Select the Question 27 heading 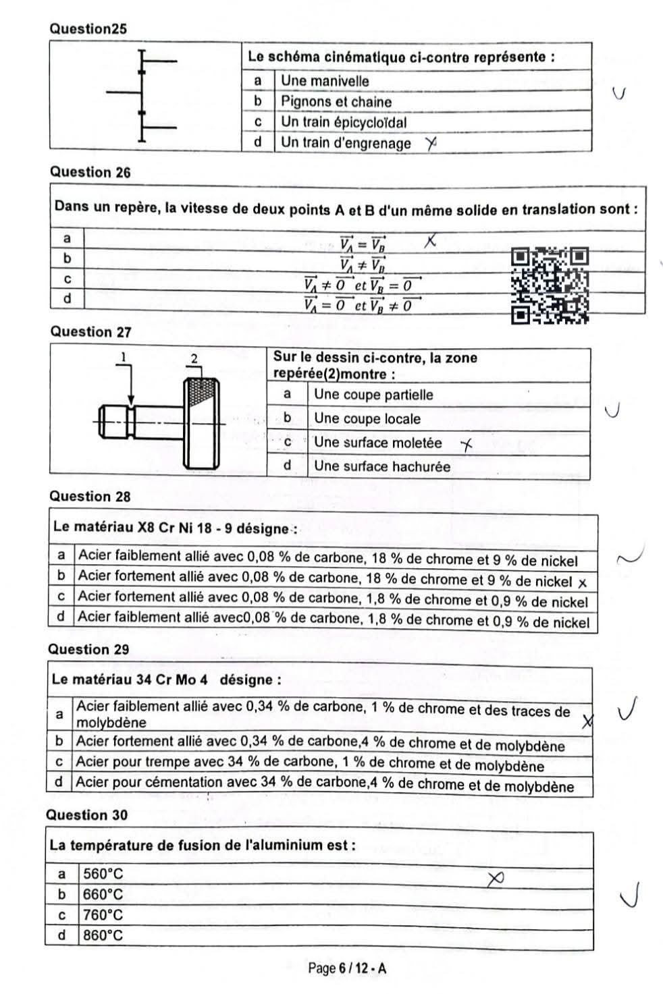pyautogui.click(x=90, y=332)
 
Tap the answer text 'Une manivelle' pyautogui.click(x=325, y=81)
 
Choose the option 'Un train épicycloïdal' pyautogui.click(x=344, y=122)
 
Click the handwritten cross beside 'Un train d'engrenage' pyautogui.click(x=431, y=142)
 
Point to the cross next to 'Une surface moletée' pyautogui.click(x=467, y=443)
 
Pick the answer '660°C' pyautogui.click(x=103, y=895)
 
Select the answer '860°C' pyautogui.click(x=103, y=935)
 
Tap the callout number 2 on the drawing pyautogui.click(x=194, y=358)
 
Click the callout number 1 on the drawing pyautogui.click(x=124, y=356)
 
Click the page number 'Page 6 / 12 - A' pyautogui.click(x=347, y=968)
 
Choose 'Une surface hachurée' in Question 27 pyautogui.click(x=381, y=466)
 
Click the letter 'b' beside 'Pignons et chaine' pyautogui.click(x=257, y=101)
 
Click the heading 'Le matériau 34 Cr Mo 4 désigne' pyautogui.click(x=166, y=680)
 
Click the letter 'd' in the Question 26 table pyautogui.click(x=67, y=298)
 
